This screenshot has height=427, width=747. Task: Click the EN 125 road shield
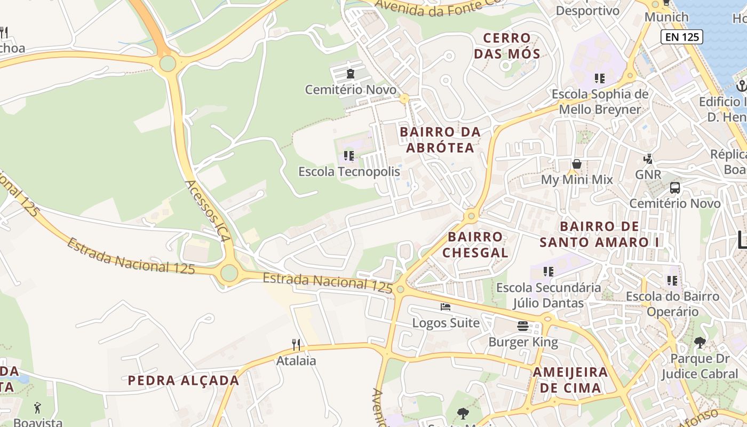click(x=681, y=37)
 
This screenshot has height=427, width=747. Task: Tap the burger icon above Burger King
click(x=523, y=326)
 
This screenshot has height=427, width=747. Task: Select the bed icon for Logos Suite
click(x=446, y=307)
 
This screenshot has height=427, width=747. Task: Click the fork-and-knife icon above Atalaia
click(x=296, y=345)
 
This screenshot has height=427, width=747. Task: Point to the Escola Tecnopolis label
click(x=349, y=172)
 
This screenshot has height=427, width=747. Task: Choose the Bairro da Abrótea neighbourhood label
click(x=440, y=140)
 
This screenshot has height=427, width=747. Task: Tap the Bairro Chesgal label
click(x=475, y=244)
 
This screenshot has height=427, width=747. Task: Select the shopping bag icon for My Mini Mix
click(x=577, y=164)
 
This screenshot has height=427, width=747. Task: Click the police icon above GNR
click(x=648, y=159)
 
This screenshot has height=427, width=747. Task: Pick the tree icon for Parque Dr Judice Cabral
click(x=700, y=343)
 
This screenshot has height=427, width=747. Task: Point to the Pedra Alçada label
click(x=183, y=381)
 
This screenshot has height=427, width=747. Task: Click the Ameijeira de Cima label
click(x=570, y=379)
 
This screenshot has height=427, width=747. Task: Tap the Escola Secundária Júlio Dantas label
click(x=549, y=296)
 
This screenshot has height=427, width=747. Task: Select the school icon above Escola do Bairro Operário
click(x=672, y=280)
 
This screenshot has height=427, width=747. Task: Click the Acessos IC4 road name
click(x=208, y=211)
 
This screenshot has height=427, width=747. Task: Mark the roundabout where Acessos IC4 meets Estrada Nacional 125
click(x=229, y=273)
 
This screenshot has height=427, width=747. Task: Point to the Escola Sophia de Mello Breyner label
click(x=600, y=102)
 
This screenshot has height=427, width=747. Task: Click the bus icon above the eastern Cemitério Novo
click(x=675, y=188)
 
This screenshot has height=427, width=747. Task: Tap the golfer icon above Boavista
click(x=37, y=408)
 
